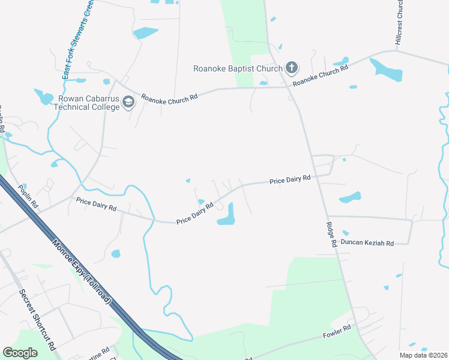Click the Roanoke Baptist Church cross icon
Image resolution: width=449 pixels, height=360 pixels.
[x=292, y=67]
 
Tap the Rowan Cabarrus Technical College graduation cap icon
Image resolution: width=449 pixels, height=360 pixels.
[x=128, y=103]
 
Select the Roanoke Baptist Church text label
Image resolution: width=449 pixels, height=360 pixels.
[x=238, y=68]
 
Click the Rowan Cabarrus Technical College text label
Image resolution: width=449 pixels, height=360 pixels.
[x=86, y=103]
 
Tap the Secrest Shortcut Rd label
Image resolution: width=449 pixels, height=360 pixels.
[x=37, y=320]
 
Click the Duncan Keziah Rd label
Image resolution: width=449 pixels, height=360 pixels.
[x=367, y=243]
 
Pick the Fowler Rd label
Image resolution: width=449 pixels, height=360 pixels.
[x=337, y=332]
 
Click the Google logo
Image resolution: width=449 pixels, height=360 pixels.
[x=20, y=353]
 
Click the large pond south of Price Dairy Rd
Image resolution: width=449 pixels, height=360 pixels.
[x=226, y=214]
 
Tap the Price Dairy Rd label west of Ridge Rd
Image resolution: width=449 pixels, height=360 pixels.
[x=290, y=179]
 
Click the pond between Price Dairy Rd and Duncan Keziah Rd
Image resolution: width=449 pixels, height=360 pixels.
[x=350, y=197]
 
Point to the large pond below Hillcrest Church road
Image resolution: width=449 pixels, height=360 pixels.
[x=387, y=70]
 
